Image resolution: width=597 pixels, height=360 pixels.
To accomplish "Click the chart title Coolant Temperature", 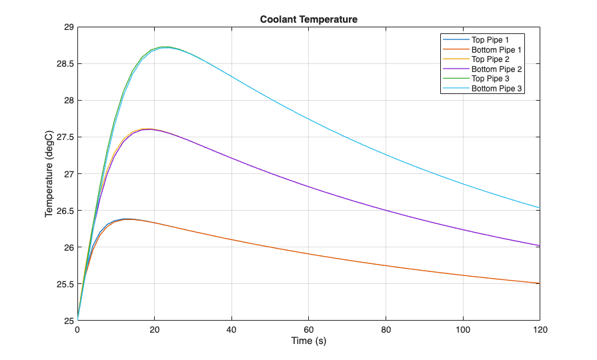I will [308, 19].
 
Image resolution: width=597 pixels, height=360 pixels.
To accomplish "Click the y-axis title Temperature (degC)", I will [49, 174].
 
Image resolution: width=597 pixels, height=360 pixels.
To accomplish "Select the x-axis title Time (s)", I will [308, 341].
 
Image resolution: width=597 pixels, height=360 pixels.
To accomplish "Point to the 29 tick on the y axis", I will [67, 27].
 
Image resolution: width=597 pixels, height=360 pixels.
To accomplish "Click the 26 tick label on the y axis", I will [67, 247].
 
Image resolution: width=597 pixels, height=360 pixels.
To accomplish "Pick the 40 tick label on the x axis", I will [231, 330].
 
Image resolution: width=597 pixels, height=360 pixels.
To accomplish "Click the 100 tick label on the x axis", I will [462, 330].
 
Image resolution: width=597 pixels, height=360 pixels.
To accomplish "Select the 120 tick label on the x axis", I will [539, 330].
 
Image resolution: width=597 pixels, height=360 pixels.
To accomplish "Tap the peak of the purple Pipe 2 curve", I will [148, 129].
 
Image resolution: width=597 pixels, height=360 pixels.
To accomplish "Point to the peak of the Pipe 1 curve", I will [127, 219].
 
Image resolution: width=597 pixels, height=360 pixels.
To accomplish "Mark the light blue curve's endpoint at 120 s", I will [540, 207].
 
